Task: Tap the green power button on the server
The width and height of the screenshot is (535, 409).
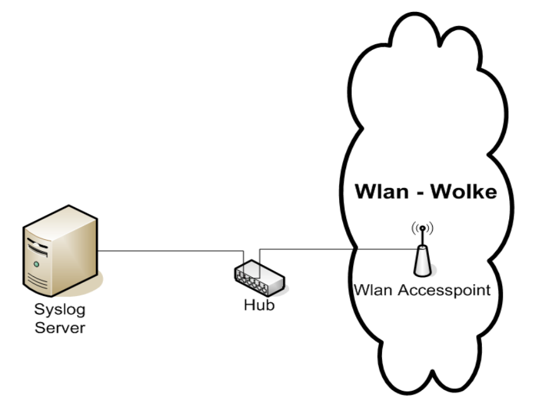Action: coord(37,263)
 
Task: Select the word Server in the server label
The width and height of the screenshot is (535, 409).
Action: coord(60,328)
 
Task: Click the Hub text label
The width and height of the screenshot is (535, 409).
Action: coord(260,305)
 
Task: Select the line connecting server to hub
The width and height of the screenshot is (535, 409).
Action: coord(171,251)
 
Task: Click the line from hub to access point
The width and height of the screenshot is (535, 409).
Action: coord(335,248)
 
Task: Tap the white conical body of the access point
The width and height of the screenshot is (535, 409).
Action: coord(422,262)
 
